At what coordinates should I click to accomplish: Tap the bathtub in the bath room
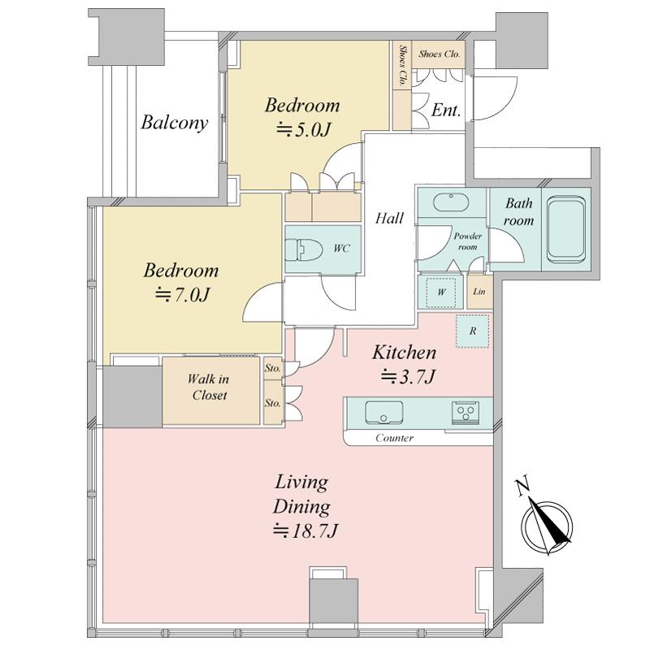(x=565, y=229)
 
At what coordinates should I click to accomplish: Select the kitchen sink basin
(x=383, y=413)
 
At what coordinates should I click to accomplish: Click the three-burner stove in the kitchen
(x=466, y=413)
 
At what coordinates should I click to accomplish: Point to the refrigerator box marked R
(x=473, y=331)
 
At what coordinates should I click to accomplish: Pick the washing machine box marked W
(x=440, y=292)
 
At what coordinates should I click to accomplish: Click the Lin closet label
(x=479, y=292)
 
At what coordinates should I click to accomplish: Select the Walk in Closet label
(x=209, y=387)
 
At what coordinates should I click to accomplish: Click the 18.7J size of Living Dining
(x=306, y=531)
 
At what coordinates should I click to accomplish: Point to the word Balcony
(x=174, y=123)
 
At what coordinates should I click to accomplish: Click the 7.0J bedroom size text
(x=183, y=295)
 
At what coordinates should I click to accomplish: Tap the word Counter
(x=394, y=438)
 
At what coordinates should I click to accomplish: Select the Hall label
(x=389, y=218)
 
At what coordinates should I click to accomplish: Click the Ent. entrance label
(x=446, y=110)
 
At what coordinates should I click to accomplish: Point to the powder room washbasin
(x=451, y=202)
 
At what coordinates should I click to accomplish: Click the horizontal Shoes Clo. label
(x=440, y=54)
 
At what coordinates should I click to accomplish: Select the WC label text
(x=341, y=249)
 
